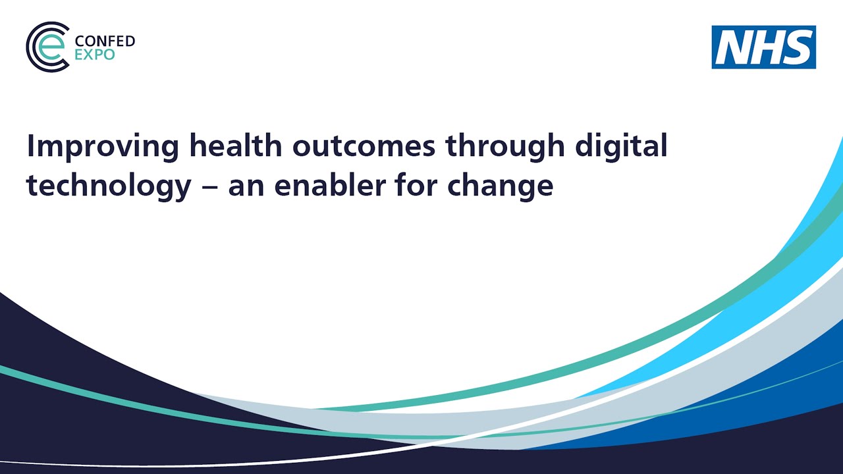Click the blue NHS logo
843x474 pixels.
tap(763, 47)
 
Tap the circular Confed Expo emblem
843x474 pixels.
tap(47, 47)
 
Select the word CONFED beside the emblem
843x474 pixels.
tap(105, 41)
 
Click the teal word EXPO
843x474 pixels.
tap(95, 55)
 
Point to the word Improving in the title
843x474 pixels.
tap(102, 147)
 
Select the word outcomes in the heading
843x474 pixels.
tap(364, 145)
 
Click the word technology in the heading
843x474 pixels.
tap(109, 186)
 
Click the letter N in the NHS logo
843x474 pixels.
tap(733, 47)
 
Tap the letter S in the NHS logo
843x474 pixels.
tap(797, 47)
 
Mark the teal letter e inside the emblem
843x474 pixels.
tap(51, 47)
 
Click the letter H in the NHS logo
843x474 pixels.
tap(765, 47)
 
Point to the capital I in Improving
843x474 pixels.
tap(30, 145)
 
